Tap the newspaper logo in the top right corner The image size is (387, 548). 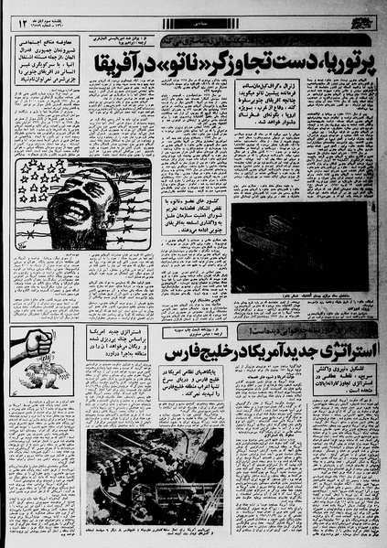click(x=363, y=20)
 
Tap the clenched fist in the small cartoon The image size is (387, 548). click(x=37, y=343)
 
